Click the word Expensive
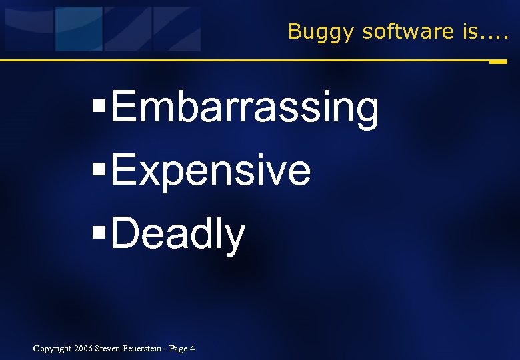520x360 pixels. tap(211, 171)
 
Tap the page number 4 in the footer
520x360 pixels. tap(192, 349)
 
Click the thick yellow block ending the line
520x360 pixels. tap(497, 62)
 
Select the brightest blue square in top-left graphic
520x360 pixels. tap(79, 29)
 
